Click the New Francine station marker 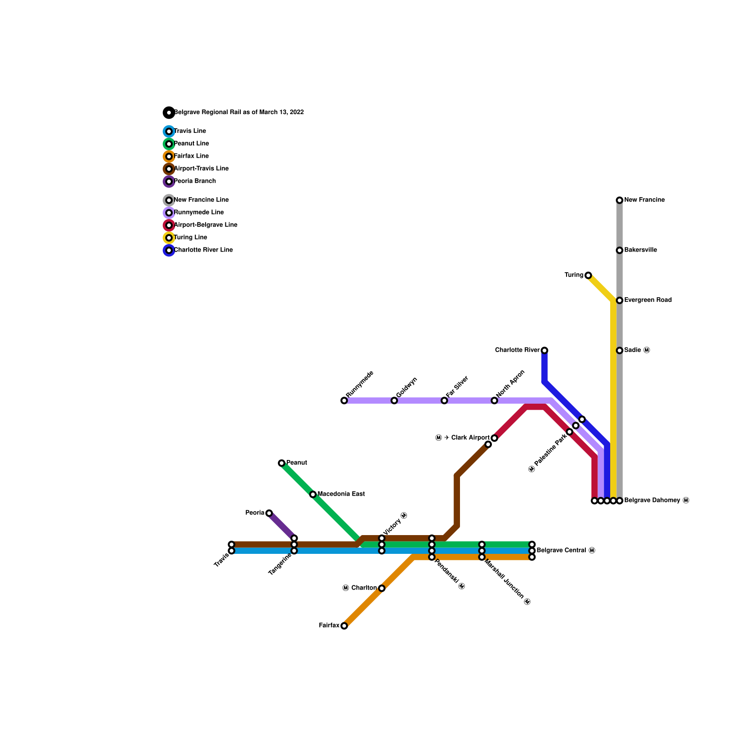tap(620, 200)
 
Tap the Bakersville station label tap(640, 250)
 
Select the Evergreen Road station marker tap(620, 300)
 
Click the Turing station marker tap(588, 276)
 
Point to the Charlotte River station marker tap(544, 351)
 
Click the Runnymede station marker tap(344, 401)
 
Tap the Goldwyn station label tap(406, 387)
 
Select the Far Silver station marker tap(444, 401)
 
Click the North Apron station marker tap(494, 401)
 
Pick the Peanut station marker tap(282, 463)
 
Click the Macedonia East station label tap(341, 494)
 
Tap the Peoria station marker tap(269, 513)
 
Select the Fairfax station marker tap(344, 626)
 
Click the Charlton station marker tap(382, 588)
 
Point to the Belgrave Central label tap(566, 551)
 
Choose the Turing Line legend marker tap(169, 238)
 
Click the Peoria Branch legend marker tap(169, 182)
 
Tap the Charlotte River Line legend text tap(203, 250)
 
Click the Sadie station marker tap(620, 351)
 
